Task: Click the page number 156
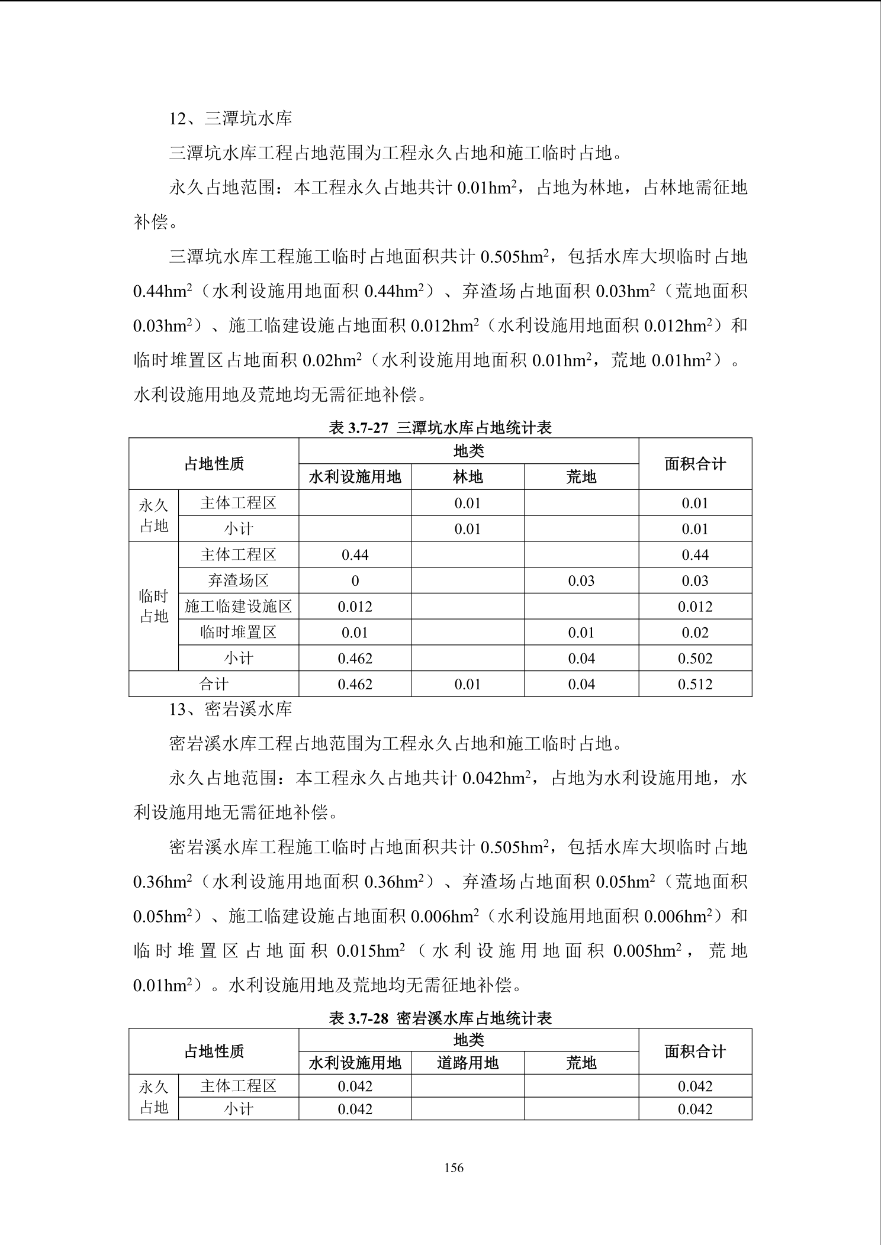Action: (x=454, y=1167)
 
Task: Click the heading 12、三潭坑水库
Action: (x=231, y=119)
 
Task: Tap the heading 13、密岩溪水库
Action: (x=231, y=709)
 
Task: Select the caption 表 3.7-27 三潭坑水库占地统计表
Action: (x=440, y=427)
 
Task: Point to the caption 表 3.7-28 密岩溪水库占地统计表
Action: (x=440, y=1018)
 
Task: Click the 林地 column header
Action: (x=468, y=477)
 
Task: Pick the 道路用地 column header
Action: (x=468, y=1063)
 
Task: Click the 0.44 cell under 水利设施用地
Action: (x=355, y=555)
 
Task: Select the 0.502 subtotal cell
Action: (x=695, y=659)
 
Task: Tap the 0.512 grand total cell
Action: (x=695, y=685)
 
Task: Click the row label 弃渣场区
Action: (x=238, y=581)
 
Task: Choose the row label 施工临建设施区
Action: (x=238, y=607)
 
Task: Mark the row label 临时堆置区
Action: (x=238, y=633)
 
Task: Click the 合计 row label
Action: (x=214, y=685)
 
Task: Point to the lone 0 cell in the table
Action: (x=355, y=581)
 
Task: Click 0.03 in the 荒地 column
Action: (x=581, y=581)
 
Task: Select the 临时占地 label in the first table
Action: (x=154, y=607)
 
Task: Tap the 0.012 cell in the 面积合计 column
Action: (x=695, y=607)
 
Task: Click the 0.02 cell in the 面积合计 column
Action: (x=695, y=633)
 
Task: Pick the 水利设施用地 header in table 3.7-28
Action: (x=355, y=1063)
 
